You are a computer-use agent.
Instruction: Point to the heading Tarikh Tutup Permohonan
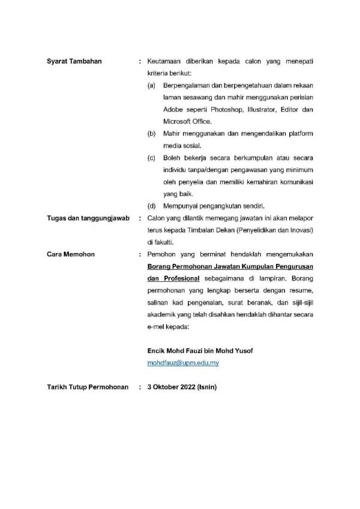88,388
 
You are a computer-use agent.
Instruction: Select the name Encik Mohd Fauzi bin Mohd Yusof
196,351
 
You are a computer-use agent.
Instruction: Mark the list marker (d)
152,205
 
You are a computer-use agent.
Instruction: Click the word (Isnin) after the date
207,388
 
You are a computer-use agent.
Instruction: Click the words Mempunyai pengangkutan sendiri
214,205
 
